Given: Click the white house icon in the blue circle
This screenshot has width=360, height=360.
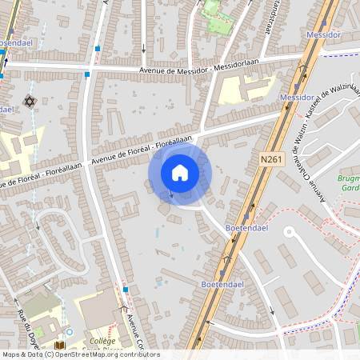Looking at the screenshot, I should click(180, 173).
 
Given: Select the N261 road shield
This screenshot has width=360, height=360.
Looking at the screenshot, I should click(273, 159).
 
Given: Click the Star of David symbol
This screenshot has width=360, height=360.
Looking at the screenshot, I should click(30, 102).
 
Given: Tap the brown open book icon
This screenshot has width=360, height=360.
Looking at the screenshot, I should click(59, 346).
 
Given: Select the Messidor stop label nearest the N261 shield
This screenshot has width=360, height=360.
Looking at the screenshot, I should click(297, 97).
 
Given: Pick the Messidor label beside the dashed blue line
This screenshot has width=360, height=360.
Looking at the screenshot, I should click(323, 36).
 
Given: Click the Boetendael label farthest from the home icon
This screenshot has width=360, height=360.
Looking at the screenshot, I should click(217, 284).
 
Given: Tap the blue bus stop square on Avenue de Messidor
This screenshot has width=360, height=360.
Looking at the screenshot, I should click(87, 74).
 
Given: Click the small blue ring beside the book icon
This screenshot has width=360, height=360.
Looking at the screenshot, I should click(70, 331).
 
